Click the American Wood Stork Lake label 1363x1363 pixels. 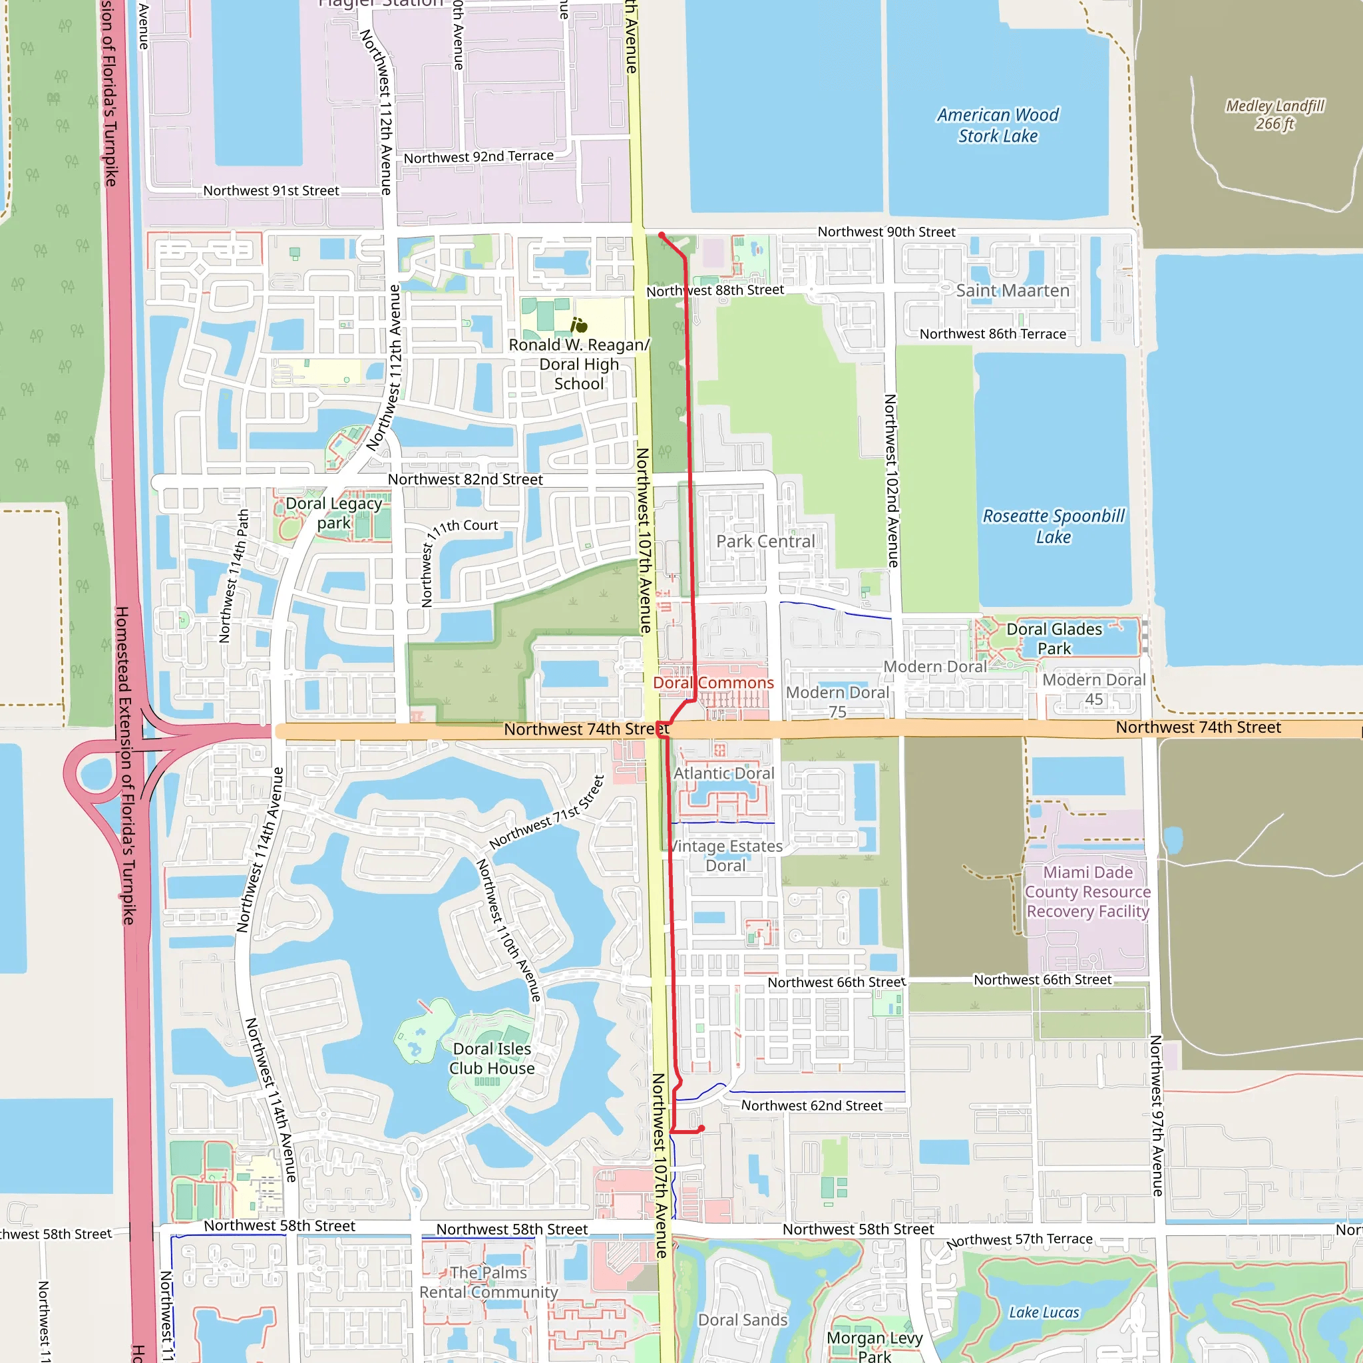point(998,126)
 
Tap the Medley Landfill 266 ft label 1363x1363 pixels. point(1274,115)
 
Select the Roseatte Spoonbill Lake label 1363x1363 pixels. point(1054,526)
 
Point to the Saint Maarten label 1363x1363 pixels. point(1012,291)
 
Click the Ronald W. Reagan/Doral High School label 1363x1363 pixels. point(578,364)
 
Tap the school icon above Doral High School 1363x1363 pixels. point(579,325)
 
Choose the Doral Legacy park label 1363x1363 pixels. point(333,513)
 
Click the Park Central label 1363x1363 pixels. point(765,541)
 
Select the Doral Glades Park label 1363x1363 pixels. point(1054,638)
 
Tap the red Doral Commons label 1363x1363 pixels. point(713,683)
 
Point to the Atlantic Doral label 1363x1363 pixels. point(724,773)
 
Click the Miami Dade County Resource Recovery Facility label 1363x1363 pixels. point(1088,892)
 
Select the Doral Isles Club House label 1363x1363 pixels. point(492,1058)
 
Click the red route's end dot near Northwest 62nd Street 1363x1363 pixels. point(701,1129)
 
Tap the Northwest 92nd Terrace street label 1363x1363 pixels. point(479,156)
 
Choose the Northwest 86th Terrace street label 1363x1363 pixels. point(992,333)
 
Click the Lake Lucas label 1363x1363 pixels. point(1044,1312)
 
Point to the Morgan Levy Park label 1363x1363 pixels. point(875,1346)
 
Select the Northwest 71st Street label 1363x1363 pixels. point(548,812)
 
